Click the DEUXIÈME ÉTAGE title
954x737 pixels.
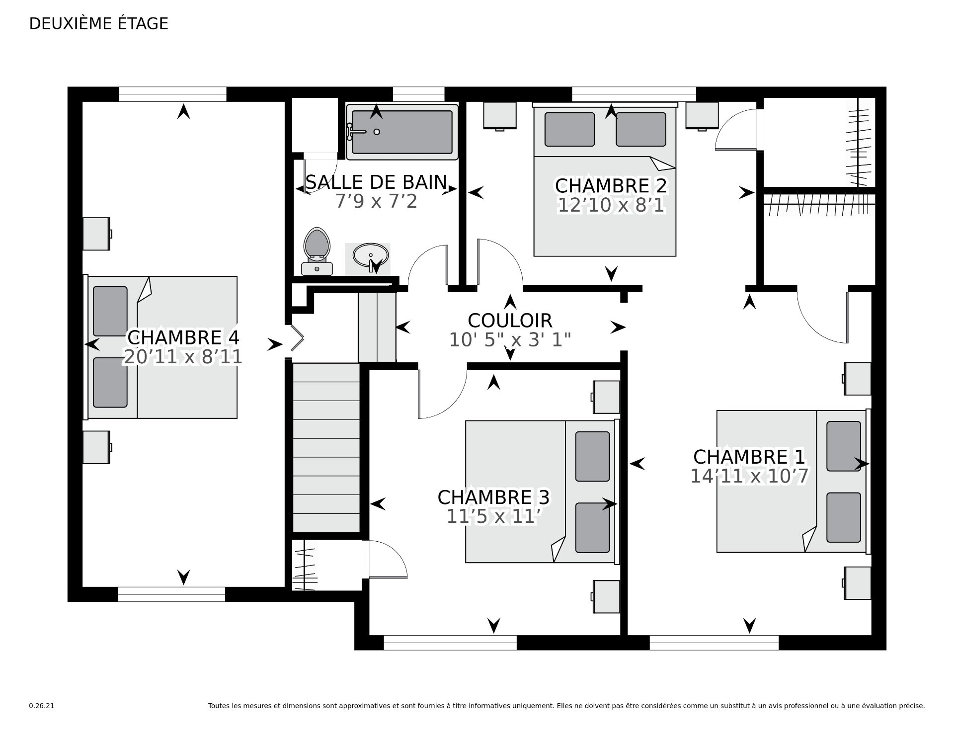tap(99, 23)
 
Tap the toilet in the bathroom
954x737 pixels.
tap(317, 251)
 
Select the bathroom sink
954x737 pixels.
tap(370, 256)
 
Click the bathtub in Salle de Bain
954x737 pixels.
tap(402, 132)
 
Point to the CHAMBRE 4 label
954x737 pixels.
tap(183, 337)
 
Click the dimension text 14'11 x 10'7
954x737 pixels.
tap(749, 476)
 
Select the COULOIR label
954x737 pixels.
tap(510, 321)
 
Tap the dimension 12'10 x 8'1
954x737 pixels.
tap(611, 205)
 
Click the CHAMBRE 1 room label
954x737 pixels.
tap(749, 456)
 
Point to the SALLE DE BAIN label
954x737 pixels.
tap(376, 182)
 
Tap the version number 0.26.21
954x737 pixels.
tap(42, 706)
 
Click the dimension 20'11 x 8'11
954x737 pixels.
tap(183, 357)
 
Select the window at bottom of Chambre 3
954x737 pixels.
tap(450, 643)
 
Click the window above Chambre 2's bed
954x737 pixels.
tap(634, 94)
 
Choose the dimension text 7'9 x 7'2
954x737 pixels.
tap(376, 201)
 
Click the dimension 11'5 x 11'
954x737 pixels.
tap(493, 517)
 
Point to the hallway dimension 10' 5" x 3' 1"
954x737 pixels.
tap(510, 340)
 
